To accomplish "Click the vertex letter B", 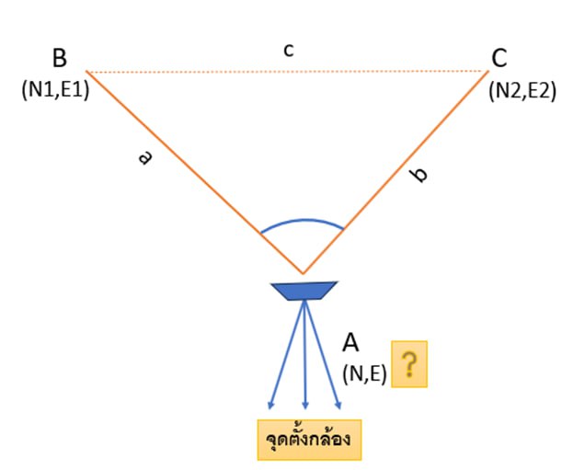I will (x=60, y=58).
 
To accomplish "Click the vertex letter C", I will (x=499, y=58).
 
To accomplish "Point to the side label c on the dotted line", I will (x=288, y=51).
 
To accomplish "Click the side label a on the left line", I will (x=144, y=158).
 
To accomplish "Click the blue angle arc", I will (x=303, y=222).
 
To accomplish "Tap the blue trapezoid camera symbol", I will (x=303, y=291).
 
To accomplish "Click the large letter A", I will (x=350, y=342).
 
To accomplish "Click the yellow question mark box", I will (x=409, y=364).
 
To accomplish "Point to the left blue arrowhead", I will (x=270, y=404).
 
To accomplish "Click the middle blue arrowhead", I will (x=305, y=406).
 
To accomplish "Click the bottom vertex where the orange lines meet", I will (x=303, y=273).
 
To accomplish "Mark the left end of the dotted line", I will (x=87, y=71).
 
